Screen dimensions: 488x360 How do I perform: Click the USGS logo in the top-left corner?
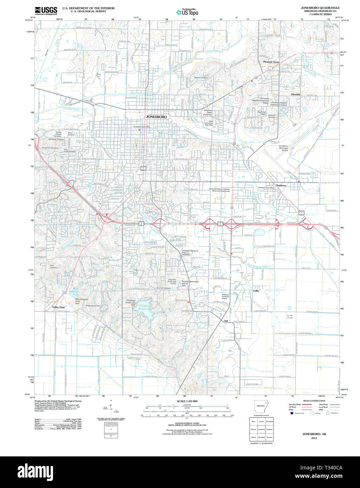46,10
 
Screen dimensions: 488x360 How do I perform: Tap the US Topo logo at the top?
187,12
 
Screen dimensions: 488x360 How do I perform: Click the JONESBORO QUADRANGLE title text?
320,8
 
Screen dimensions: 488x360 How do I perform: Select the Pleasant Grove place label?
271,62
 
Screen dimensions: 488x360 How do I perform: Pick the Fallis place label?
256,291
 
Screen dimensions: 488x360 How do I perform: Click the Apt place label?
226,321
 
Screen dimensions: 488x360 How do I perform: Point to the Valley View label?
59,307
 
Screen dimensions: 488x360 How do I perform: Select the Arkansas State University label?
208,112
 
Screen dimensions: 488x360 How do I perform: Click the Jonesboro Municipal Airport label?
283,148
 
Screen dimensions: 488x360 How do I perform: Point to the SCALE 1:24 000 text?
187,401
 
